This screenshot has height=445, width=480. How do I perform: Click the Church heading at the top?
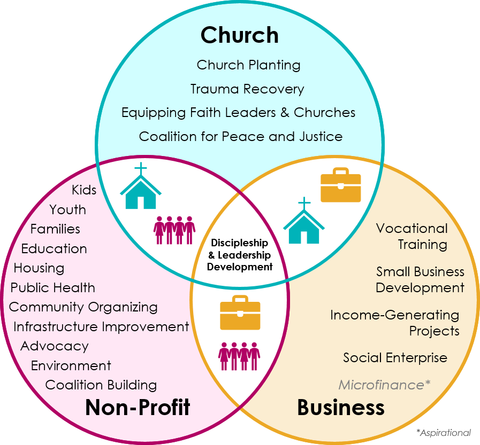pyautogui.click(x=239, y=35)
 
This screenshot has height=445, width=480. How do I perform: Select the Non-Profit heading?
pyautogui.click(x=138, y=408)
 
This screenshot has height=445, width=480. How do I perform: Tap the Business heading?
pyautogui.click(x=340, y=408)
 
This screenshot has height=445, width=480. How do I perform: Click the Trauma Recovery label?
pyautogui.click(x=247, y=89)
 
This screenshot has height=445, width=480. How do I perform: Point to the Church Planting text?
pyautogui.click(x=248, y=65)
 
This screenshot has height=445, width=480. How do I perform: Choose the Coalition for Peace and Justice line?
pyautogui.click(x=241, y=136)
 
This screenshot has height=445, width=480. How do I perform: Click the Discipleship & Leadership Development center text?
pyautogui.click(x=240, y=255)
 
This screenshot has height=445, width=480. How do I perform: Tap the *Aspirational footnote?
pyautogui.click(x=443, y=433)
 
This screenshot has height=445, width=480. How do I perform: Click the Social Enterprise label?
pyautogui.click(x=395, y=357)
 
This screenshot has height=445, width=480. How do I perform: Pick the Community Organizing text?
pyautogui.click(x=83, y=307)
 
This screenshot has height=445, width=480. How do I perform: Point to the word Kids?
pyautogui.click(x=84, y=190)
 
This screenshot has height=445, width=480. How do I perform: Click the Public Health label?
pyautogui.click(x=53, y=287)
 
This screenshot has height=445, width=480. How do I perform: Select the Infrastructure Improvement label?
pyautogui.click(x=101, y=326)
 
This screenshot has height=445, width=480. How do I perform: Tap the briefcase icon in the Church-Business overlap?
pyautogui.click(x=340, y=185)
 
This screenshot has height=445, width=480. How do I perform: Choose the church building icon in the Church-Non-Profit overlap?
pyautogui.click(x=141, y=186)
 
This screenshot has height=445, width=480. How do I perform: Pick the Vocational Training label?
pyautogui.click(x=412, y=236)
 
